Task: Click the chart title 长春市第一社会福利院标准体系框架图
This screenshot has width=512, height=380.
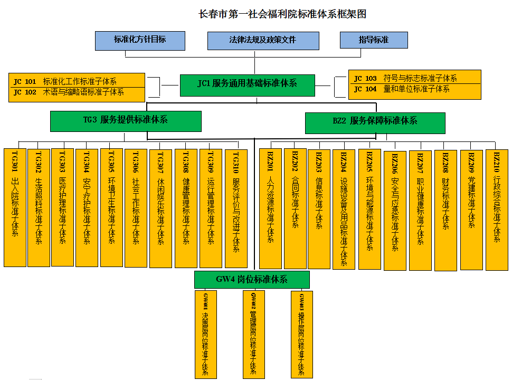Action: coord(282,14)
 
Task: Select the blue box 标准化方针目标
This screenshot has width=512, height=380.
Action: coord(140,40)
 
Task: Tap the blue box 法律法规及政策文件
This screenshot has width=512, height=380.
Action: coord(263,41)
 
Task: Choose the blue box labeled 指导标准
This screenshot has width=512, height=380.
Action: coord(374,40)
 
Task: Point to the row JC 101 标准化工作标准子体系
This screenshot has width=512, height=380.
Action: coord(77,81)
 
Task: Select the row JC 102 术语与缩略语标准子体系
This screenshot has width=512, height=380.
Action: coord(77,92)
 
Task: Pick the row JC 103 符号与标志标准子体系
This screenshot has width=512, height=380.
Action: coord(415,78)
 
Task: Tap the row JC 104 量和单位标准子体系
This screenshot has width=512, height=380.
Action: coord(415,89)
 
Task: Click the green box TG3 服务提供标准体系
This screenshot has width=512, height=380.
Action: coord(126,120)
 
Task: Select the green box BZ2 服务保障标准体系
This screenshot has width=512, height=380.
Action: coord(375,122)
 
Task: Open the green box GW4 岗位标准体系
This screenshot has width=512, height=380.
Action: coord(252,280)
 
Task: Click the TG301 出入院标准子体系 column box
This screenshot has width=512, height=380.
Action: coord(15,207)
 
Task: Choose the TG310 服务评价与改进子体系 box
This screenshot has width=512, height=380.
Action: coord(236,208)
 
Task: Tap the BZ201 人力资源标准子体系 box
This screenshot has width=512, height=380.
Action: coord(270,208)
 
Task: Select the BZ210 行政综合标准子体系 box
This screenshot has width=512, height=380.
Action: coord(497,209)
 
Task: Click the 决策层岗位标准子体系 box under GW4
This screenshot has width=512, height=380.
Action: coord(205,334)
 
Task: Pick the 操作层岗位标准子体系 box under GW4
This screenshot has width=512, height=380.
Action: coord(301,334)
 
